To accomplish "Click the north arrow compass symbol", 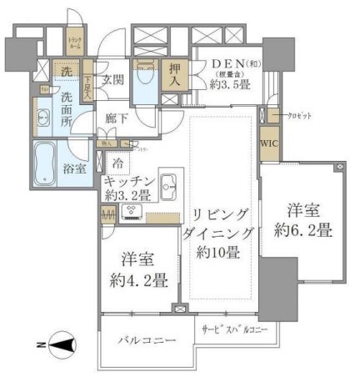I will pos(59,343).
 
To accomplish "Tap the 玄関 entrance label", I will pos(113,82).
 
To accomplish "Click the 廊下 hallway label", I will pos(117,118).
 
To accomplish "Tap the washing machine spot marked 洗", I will pos(66,72).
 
